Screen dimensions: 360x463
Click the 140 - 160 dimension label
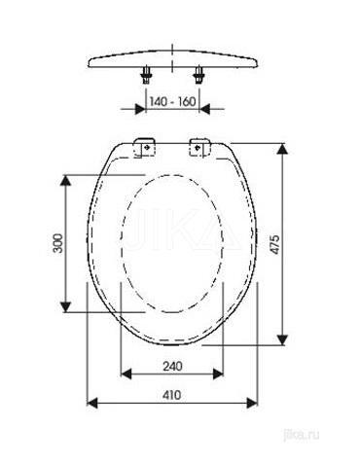click(172, 102)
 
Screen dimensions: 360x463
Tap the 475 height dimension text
click(274, 244)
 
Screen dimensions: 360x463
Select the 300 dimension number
click(58, 243)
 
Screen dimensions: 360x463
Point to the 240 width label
click(172, 367)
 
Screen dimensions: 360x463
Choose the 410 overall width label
click(172, 395)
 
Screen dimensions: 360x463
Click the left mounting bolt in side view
click(146, 75)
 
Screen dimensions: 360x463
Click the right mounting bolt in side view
click(198, 75)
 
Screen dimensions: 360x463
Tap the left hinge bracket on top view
click(145, 148)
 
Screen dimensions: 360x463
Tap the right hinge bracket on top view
click(200, 148)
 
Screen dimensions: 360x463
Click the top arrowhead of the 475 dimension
click(283, 149)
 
